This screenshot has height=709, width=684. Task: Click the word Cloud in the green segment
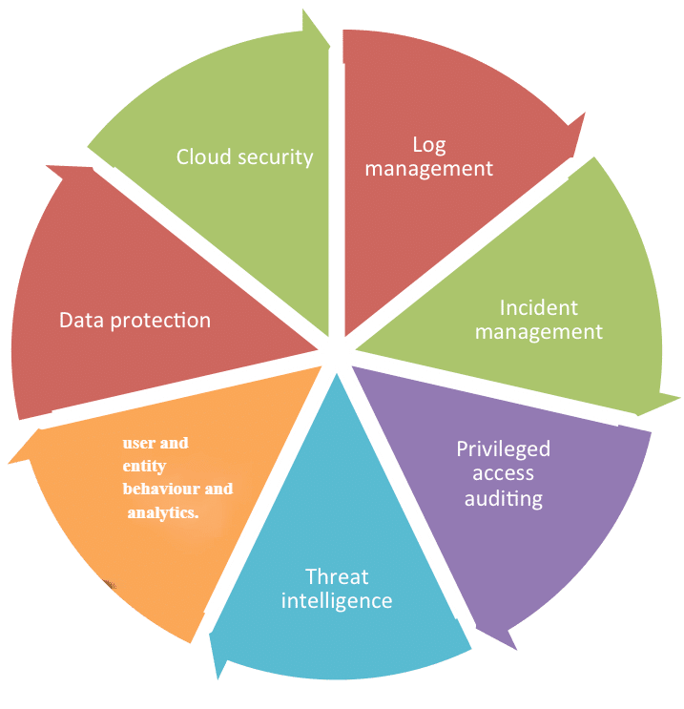[200, 156]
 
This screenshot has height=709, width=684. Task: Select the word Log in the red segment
[429, 145]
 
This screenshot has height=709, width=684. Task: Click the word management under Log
[429, 169]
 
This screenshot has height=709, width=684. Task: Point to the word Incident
[539, 308]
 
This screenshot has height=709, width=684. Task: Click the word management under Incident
[539, 332]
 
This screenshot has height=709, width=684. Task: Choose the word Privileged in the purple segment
[503, 448]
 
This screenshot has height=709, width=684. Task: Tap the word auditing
[503, 497]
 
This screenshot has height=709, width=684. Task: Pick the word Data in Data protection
[80, 320]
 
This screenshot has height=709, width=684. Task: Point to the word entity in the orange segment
[145, 466]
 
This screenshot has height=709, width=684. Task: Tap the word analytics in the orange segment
[163, 512]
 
